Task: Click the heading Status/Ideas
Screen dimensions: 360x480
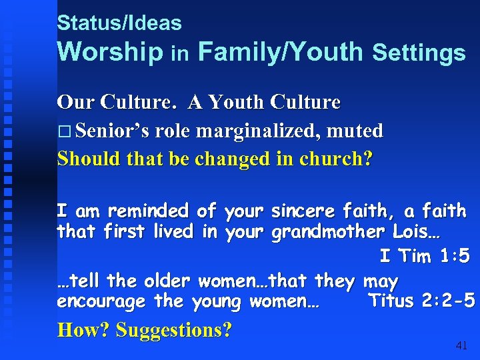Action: [119, 23]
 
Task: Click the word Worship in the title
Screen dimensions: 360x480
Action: [111, 51]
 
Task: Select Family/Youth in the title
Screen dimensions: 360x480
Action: [281, 51]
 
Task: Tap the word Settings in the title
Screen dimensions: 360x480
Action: [419, 53]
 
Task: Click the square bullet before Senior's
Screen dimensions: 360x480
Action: [64, 131]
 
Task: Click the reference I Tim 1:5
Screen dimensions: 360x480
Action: [424, 256]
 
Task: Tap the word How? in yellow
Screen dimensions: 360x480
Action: [84, 330]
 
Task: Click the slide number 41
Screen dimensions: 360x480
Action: [461, 345]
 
